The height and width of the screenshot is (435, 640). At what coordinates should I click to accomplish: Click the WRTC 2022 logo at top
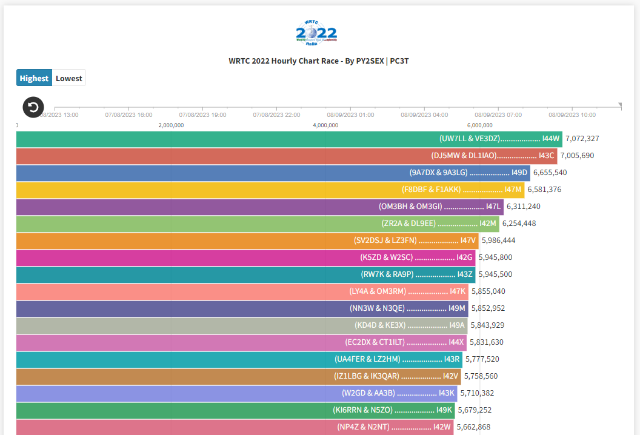click(316, 33)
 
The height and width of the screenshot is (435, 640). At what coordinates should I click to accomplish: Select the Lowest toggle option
click(68, 78)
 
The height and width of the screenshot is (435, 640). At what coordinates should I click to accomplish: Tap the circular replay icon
click(33, 107)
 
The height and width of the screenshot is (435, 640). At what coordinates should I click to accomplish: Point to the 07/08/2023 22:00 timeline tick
click(276, 115)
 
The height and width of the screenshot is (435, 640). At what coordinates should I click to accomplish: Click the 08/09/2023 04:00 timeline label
click(424, 115)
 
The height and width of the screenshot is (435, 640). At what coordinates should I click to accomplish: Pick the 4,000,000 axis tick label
click(325, 125)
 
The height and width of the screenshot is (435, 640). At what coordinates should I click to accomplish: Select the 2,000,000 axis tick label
click(171, 125)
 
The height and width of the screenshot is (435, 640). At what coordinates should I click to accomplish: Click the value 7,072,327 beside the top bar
click(582, 139)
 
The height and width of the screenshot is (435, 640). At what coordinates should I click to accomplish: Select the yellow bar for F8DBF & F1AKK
click(273, 190)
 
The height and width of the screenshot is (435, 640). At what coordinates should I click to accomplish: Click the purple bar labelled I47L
click(261, 207)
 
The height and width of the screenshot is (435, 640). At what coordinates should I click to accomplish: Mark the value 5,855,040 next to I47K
click(488, 291)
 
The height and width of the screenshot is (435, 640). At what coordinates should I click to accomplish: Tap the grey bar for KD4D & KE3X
click(242, 325)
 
